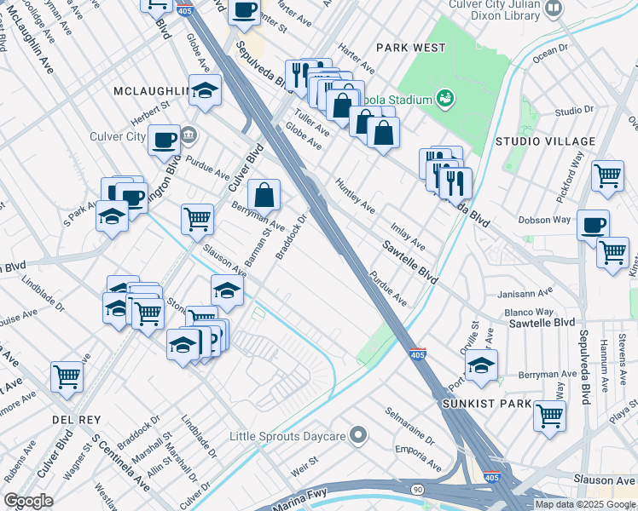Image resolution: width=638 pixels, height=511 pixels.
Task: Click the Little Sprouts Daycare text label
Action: (287, 437)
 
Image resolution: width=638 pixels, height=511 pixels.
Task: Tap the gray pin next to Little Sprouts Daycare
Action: (359, 436)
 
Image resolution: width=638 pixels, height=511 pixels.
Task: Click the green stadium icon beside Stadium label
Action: (444, 100)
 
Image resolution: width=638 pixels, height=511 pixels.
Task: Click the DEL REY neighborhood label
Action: (77, 420)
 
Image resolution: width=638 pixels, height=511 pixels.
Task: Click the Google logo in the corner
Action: (29, 501)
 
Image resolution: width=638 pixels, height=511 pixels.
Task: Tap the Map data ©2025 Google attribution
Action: (585, 504)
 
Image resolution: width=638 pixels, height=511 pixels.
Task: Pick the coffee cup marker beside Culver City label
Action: (164, 140)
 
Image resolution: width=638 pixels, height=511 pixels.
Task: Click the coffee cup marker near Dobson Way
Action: (593, 226)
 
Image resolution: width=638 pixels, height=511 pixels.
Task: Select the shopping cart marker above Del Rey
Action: (67, 376)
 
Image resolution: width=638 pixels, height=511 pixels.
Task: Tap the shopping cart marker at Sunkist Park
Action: (550, 416)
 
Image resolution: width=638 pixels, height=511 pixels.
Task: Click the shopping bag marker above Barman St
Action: (264, 194)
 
